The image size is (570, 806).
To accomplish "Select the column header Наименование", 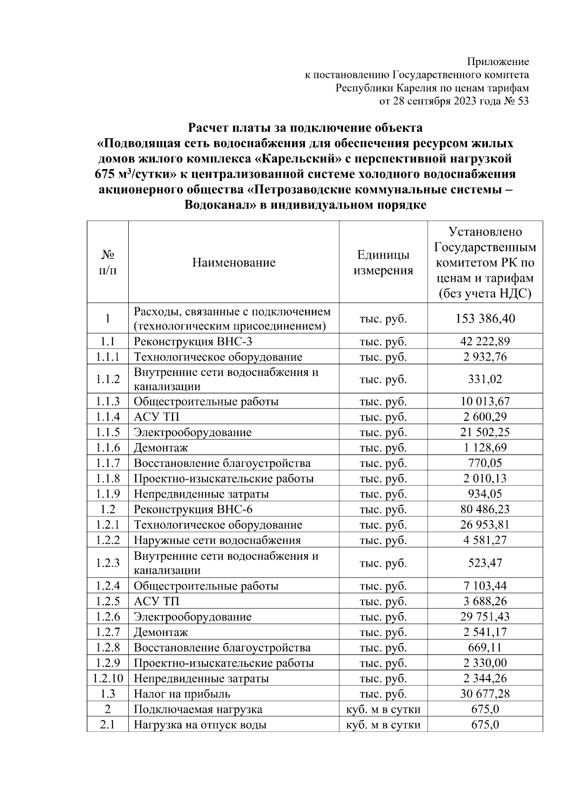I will coord(234,263).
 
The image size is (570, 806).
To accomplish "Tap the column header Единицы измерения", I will coord(383,263).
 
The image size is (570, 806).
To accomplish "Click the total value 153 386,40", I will coord(485,318).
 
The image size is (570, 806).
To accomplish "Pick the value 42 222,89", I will coord(485,341).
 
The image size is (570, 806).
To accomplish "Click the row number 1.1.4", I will coord(108,417).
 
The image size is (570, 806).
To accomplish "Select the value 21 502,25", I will coord(485,432).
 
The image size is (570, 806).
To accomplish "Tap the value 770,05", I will coord(485,463).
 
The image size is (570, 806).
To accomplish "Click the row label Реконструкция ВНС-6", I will coord(193,510).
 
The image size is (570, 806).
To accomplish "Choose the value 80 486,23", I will coord(485,510).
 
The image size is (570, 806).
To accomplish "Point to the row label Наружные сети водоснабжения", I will coord(217,540).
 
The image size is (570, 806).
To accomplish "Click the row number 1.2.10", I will coord(108,678).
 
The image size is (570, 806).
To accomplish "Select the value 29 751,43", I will coord(485,617).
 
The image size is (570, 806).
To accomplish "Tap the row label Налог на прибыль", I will coord(182,694).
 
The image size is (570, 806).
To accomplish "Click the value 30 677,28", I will coord(485,694).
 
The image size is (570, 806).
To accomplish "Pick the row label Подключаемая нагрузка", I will coord(198,710).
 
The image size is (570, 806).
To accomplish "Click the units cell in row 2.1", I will coord(383,725).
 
